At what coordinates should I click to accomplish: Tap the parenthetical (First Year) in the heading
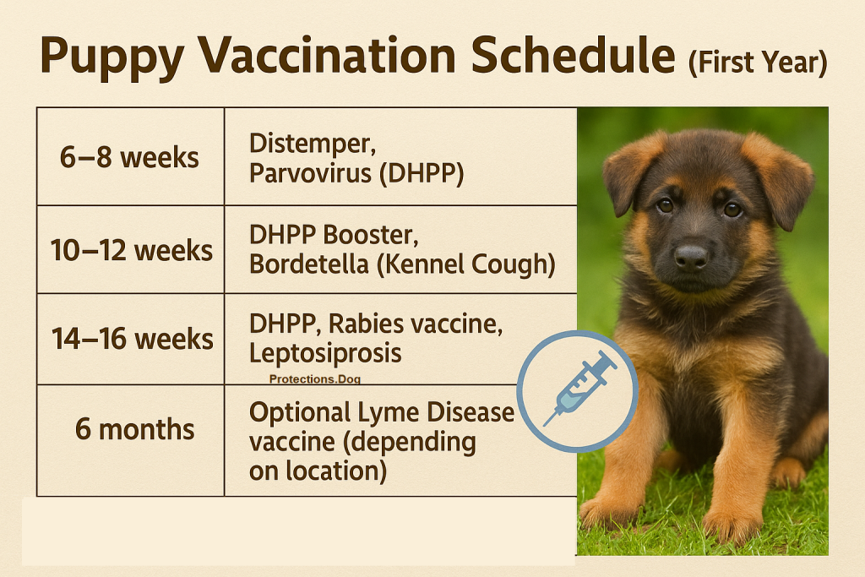click(x=757, y=62)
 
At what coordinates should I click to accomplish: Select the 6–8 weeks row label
click(x=129, y=157)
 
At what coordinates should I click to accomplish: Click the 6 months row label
click(x=134, y=429)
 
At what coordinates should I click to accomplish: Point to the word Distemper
click(x=313, y=144)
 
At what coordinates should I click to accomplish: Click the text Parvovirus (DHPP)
click(x=357, y=173)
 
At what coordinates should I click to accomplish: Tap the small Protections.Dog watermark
click(x=315, y=380)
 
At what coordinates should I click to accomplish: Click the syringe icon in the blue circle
click(x=578, y=389)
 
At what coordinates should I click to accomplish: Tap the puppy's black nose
click(x=690, y=256)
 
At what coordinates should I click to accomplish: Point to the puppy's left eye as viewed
click(x=666, y=205)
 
